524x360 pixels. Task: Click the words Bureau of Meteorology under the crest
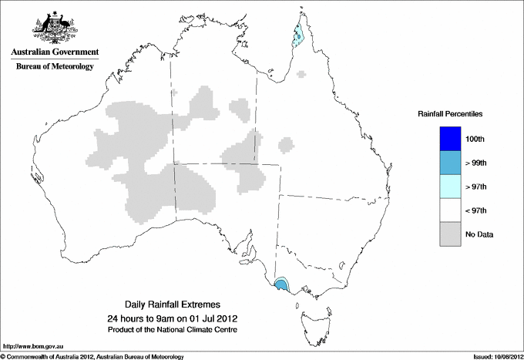[55, 67]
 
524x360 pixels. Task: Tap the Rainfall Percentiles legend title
[450, 114]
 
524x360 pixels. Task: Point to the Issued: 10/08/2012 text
[492, 356]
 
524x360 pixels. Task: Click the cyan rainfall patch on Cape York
[299, 33]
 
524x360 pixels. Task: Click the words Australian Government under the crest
[55, 53]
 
